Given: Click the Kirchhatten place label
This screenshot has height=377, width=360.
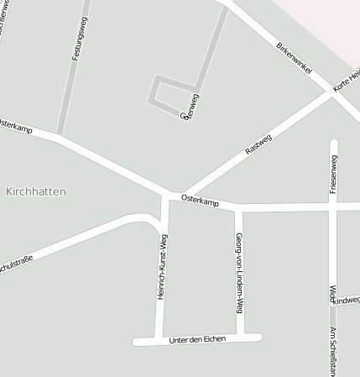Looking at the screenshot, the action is click(x=35, y=191).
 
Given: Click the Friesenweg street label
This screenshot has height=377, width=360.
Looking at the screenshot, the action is click(x=334, y=175).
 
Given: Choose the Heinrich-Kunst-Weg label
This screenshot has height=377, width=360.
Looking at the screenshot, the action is click(x=163, y=267).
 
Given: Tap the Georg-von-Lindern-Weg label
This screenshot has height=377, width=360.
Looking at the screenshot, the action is click(x=239, y=268).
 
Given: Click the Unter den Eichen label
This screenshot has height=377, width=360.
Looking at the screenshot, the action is click(x=197, y=339).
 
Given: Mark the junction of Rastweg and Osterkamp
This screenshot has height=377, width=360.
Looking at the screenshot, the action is click(x=180, y=195).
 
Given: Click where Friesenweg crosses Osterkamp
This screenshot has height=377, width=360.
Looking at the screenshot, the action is click(x=334, y=203).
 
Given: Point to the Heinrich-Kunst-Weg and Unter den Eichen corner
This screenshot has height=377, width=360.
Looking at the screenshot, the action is click(x=158, y=340).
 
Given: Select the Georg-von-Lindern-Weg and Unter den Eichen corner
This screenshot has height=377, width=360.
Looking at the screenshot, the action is click(x=241, y=338).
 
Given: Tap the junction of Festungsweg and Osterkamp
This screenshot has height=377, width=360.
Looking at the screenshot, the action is click(x=58, y=135).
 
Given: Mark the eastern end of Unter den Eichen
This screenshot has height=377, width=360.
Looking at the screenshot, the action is click(x=259, y=338).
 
